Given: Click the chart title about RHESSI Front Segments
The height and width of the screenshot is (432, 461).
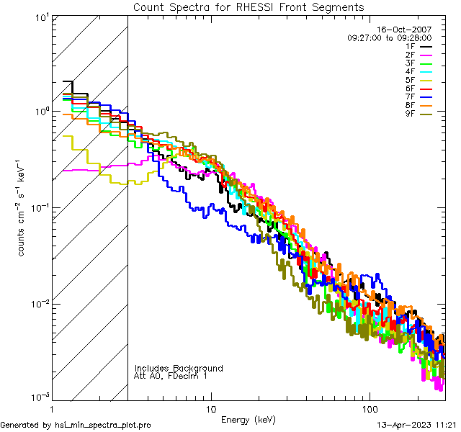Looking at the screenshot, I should (x=249, y=6).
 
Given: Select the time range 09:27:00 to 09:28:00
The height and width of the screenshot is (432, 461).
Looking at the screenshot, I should (x=389, y=37).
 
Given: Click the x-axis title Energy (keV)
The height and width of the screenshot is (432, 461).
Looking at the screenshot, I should (x=248, y=419).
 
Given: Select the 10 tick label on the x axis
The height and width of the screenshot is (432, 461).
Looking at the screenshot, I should (x=210, y=408).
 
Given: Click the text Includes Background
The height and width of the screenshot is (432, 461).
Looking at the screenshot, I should (x=179, y=368).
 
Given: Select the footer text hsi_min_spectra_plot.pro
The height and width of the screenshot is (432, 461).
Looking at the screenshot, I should (x=103, y=426).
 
